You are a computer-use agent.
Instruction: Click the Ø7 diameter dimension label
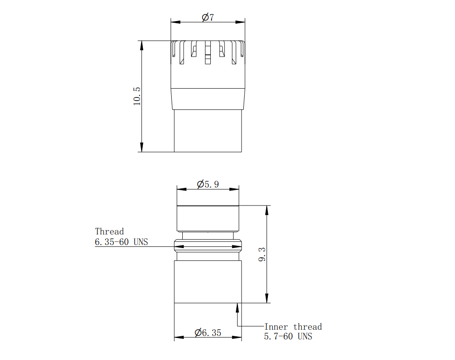tap(208, 18)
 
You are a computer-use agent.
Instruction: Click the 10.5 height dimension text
tap(137, 96)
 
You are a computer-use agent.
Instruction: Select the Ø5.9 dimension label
tap(208, 184)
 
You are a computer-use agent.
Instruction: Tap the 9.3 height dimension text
tap(262, 254)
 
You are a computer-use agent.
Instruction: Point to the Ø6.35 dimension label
tap(208, 332)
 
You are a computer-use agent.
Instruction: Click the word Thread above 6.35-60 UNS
tap(109, 231)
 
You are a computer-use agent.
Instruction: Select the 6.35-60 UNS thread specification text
tap(121, 241)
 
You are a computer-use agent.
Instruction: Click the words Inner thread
tap(293, 327)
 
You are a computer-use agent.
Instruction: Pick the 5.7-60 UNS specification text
tap(288, 336)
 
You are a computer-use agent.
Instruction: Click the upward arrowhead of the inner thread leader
tap(237, 307)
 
